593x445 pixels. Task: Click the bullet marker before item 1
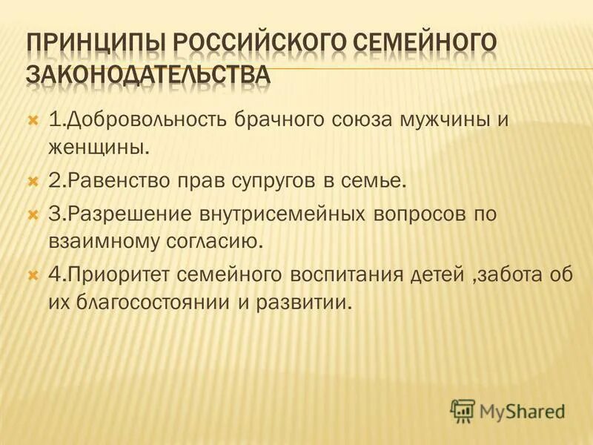(x=33, y=119)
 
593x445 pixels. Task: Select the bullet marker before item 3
(x=33, y=214)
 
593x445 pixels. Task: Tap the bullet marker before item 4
(x=33, y=275)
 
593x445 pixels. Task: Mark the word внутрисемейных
(x=278, y=214)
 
